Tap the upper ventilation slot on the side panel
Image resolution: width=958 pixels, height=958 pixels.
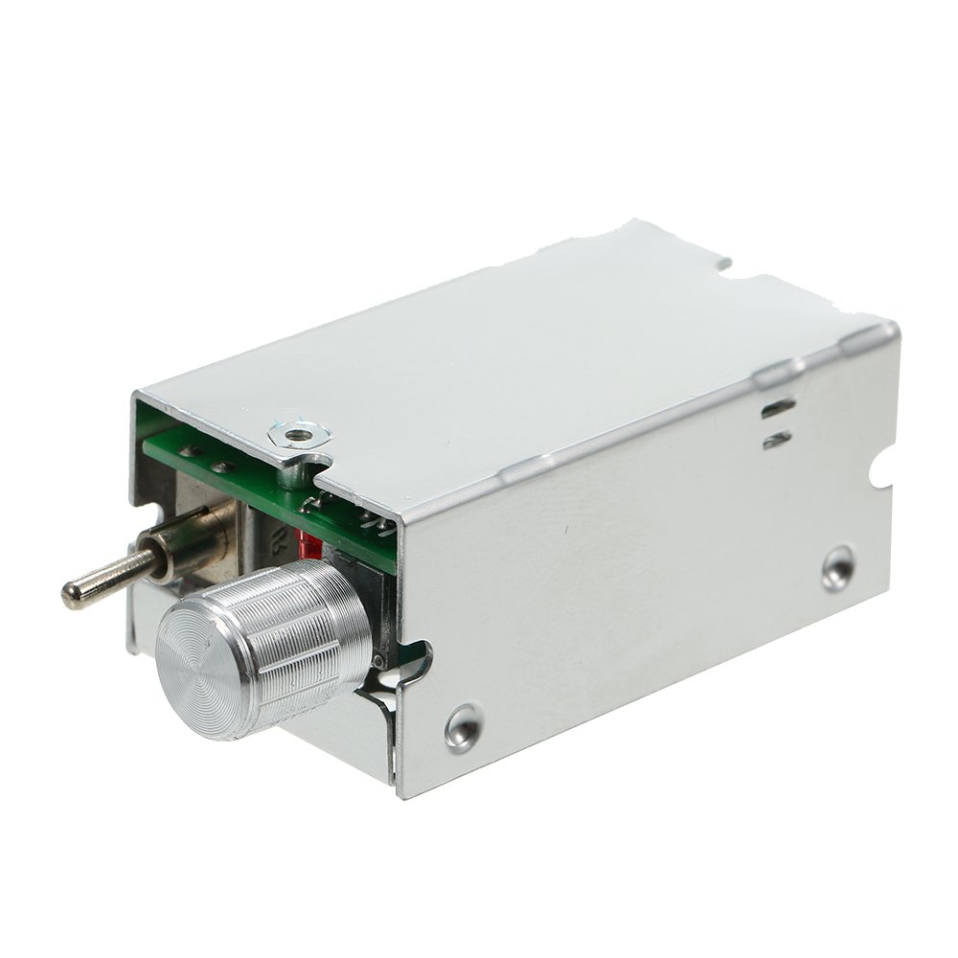778,407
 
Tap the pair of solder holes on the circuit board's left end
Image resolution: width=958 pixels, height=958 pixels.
206,459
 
